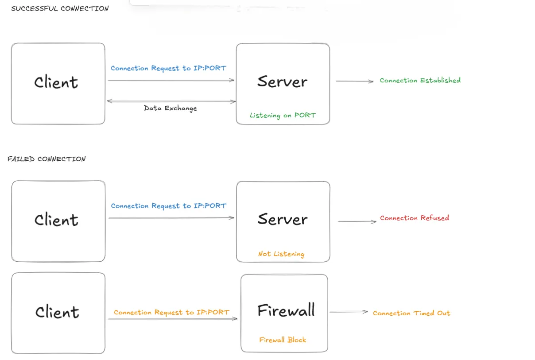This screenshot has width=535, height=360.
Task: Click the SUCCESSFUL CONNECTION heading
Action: click(x=60, y=8)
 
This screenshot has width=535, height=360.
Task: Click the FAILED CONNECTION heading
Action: click(x=47, y=159)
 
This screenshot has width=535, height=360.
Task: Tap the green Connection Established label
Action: click(x=420, y=80)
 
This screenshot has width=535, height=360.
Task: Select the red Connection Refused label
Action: click(x=414, y=218)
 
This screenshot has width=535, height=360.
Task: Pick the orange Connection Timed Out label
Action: click(x=411, y=313)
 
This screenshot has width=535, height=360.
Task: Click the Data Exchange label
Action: click(x=170, y=108)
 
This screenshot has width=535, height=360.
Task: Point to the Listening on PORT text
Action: click(x=283, y=116)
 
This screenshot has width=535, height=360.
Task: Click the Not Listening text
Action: click(x=281, y=254)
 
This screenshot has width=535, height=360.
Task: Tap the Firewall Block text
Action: click(x=283, y=340)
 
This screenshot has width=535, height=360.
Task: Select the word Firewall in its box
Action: click(x=286, y=310)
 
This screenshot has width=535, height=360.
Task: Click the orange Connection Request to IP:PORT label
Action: click(x=171, y=312)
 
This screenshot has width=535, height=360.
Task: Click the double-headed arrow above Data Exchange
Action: click(x=171, y=101)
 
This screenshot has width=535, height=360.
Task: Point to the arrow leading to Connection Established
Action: click(x=354, y=81)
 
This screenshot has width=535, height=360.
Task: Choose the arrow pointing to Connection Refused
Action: click(x=357, y=221)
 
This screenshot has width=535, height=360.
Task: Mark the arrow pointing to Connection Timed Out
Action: click(x=349, y=312)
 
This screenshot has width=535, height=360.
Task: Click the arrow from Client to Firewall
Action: click(x=172, y=319)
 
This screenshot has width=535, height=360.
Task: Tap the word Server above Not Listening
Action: click(x=282, y=219)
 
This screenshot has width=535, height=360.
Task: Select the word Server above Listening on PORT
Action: click(x=282, y=81)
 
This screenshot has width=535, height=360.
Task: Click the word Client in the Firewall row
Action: click(x=57, y=312)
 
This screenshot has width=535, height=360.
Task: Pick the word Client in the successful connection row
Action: click(x=56, y=82)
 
